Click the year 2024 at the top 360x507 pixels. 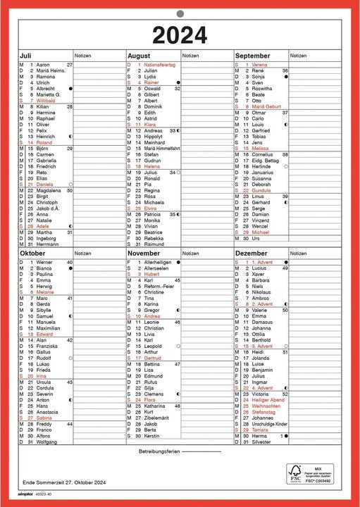(x=180, y=34)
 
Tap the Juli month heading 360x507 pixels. (x=26, y=55)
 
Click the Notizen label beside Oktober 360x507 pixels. (x=83, y=253)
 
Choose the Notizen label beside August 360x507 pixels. (x=190, y=55)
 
